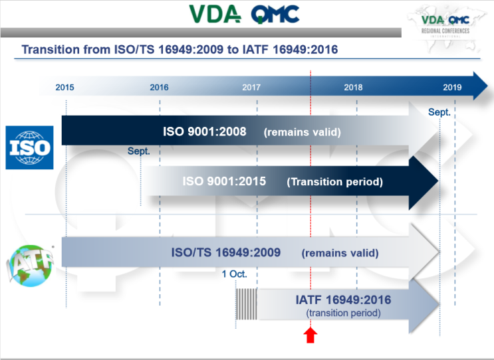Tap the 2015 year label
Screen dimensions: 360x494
[x=64, y=87]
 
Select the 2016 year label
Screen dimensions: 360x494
[x=159, y=87]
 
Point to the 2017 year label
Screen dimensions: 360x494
[x=251, y=87]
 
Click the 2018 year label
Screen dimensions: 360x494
[x=353, y=87]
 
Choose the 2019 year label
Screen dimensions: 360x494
[x=452, y=87]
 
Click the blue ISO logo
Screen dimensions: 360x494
[x=29, y=147]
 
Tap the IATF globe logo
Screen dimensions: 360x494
[x=27, y=266]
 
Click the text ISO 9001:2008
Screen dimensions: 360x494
[x=205, y=132]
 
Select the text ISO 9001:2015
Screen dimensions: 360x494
[x=224, y=181]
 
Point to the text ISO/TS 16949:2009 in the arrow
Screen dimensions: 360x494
[x=226, y=252]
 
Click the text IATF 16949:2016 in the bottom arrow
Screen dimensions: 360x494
[x=343, y=300]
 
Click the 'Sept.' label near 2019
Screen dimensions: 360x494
[x=439, y=112]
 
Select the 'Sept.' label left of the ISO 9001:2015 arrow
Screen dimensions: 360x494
[x=139, y=151]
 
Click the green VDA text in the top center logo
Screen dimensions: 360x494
[x=214, y=13]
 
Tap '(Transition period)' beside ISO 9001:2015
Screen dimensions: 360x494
[x=334, y=182]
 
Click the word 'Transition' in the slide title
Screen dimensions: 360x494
[x=50, y=50]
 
